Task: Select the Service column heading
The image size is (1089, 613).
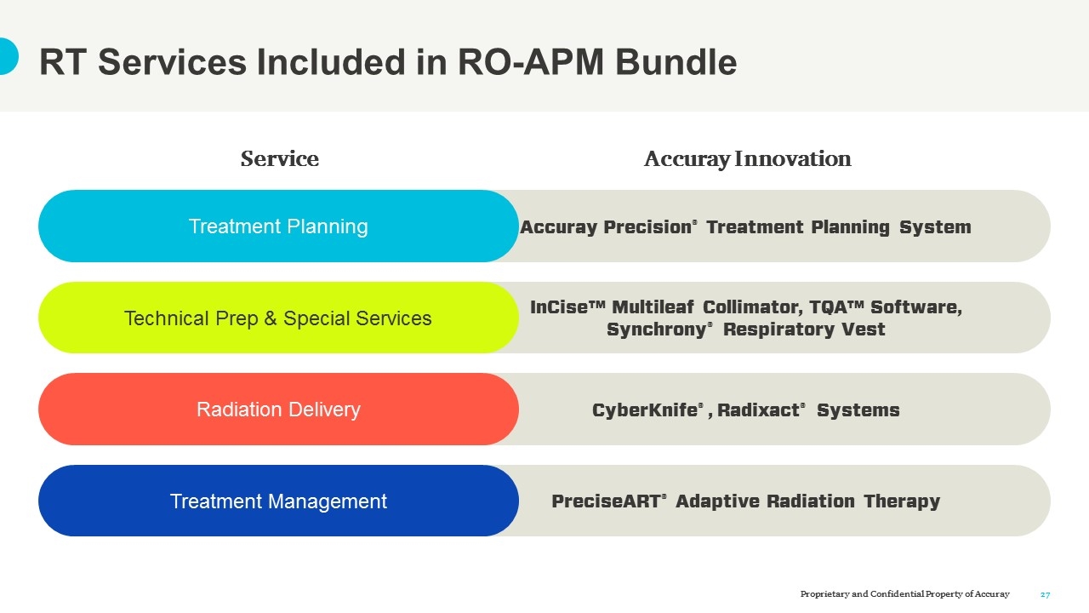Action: (x=279, y=159)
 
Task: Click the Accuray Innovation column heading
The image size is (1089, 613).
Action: (x=747, y=159)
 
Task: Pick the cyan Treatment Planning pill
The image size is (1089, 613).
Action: (x=278, y=226)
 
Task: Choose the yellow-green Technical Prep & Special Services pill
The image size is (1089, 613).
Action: (x=278, y=318)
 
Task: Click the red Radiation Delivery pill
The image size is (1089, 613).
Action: (x=278, y=410)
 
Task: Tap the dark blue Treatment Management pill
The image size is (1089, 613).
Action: (x=278, y=501)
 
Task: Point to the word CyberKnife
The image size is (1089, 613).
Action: (x=644, y=410)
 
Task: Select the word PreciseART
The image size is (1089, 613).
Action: (x=606, y=501)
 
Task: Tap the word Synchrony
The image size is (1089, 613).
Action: (x=656, y=329)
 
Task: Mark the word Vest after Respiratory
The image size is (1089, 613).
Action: (x=865, y=329)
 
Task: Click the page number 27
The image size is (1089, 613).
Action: (x=1046, y=594)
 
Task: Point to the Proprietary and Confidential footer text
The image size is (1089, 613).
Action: (x=904, y=594)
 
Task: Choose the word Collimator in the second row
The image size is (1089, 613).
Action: (x=749, y=307)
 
